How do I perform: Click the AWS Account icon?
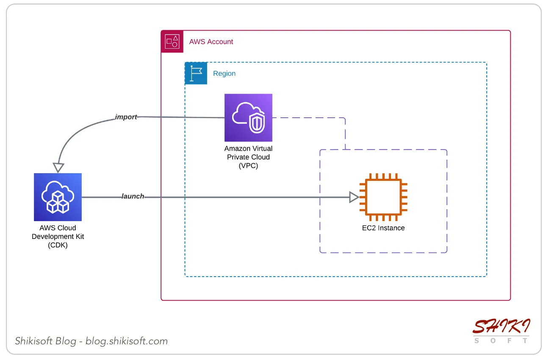click(x=172, y=42)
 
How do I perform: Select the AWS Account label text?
click(x=211, y=42)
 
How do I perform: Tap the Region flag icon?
click(x=196, y=73)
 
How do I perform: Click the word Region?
click(x=224, y=73)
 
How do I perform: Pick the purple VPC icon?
click(x=248, y=118)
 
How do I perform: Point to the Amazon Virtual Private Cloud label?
click(x=248, y=157)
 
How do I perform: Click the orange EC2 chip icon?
click(x=383, y=197)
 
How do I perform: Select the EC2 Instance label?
click(x=383, y=228)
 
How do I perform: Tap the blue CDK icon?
click(x=58, y=197)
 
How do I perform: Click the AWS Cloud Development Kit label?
click(x=58, y=236)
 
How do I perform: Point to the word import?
click(x=126, y=117)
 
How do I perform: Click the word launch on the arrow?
click(x=133, y=196)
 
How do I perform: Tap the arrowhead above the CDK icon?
click(x=58, y=167)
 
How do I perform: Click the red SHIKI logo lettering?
click(x=501, y=326)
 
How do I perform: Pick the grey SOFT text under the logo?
click(x=501, y=341)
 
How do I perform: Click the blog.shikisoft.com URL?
click(x=127, y=341)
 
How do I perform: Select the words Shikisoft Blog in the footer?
click(x=46, y=341)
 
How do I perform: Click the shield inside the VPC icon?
click(x=257, y=123)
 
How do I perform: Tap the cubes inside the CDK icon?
click(x=58, y=202)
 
